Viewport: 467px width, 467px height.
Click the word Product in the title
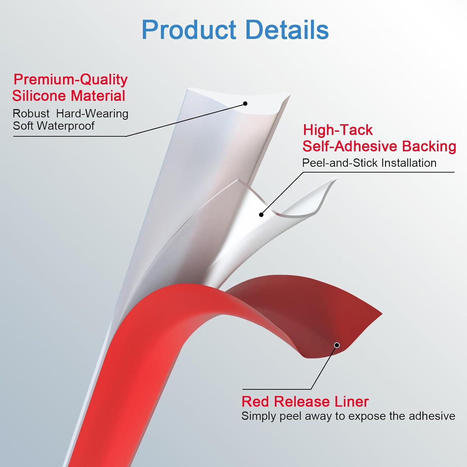pos(189,30)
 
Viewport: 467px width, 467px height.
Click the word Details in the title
pos(287,30)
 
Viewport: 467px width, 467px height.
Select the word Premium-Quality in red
pos(70,80)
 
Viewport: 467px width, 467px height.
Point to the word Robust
pos(31,114)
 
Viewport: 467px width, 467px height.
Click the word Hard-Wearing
pos(92,114)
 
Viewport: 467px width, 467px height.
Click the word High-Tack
pos(338,130)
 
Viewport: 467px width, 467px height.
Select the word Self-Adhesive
pos(350,146)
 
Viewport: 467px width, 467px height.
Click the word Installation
pos(409,163)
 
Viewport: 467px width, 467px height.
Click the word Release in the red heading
pos(298,402)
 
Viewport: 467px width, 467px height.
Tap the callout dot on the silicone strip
pos(245,104)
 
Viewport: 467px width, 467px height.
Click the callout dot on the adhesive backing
pos(261,215)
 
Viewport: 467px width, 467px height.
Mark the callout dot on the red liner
pos(337,345)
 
